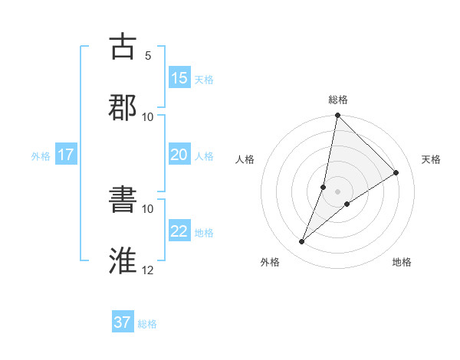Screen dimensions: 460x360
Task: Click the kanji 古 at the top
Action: coord(123,46)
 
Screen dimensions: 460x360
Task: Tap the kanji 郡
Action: coord(123,107)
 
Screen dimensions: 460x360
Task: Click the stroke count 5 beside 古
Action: coord(148,55)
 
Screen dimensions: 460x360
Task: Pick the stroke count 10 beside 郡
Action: coord(148,116)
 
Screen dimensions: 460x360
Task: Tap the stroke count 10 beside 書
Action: coord(148,208)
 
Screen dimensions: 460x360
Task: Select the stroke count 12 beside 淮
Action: coord(148,270)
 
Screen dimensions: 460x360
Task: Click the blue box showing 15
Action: coord(179,78)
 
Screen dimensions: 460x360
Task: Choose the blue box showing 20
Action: coord(179,155)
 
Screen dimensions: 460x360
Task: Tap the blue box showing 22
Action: coord(179,231)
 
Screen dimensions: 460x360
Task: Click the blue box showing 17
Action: coord(66,155)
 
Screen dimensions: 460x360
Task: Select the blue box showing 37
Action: coord(123,322)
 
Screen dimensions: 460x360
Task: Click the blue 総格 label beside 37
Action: coord(147,324)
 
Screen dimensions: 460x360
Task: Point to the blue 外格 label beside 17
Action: coord(41,155)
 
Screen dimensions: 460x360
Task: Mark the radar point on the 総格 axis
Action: coord(337,116)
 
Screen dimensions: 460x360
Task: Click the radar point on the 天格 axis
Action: coord(396,173)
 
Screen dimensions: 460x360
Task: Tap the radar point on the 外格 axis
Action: coord(302,242)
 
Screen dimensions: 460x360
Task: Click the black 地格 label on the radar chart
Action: coord(402,263)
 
